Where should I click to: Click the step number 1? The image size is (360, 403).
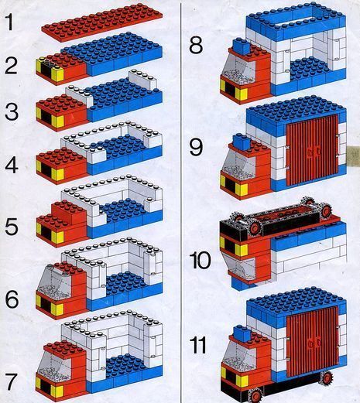[9, 22]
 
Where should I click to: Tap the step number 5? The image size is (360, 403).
[12, 227]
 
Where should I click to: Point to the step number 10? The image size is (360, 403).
[200, 260]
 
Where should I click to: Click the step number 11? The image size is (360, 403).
[197, 345]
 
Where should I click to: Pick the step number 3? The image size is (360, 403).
[12, 111]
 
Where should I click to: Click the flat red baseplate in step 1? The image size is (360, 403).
[102, 22]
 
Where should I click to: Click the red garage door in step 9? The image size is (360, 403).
[312, 150]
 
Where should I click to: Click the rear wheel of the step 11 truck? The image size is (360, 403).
[326, 378]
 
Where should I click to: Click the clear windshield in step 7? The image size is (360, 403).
[53, 364]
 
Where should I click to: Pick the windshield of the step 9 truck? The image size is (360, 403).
[238, 163]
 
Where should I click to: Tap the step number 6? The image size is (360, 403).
[12, 299]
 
